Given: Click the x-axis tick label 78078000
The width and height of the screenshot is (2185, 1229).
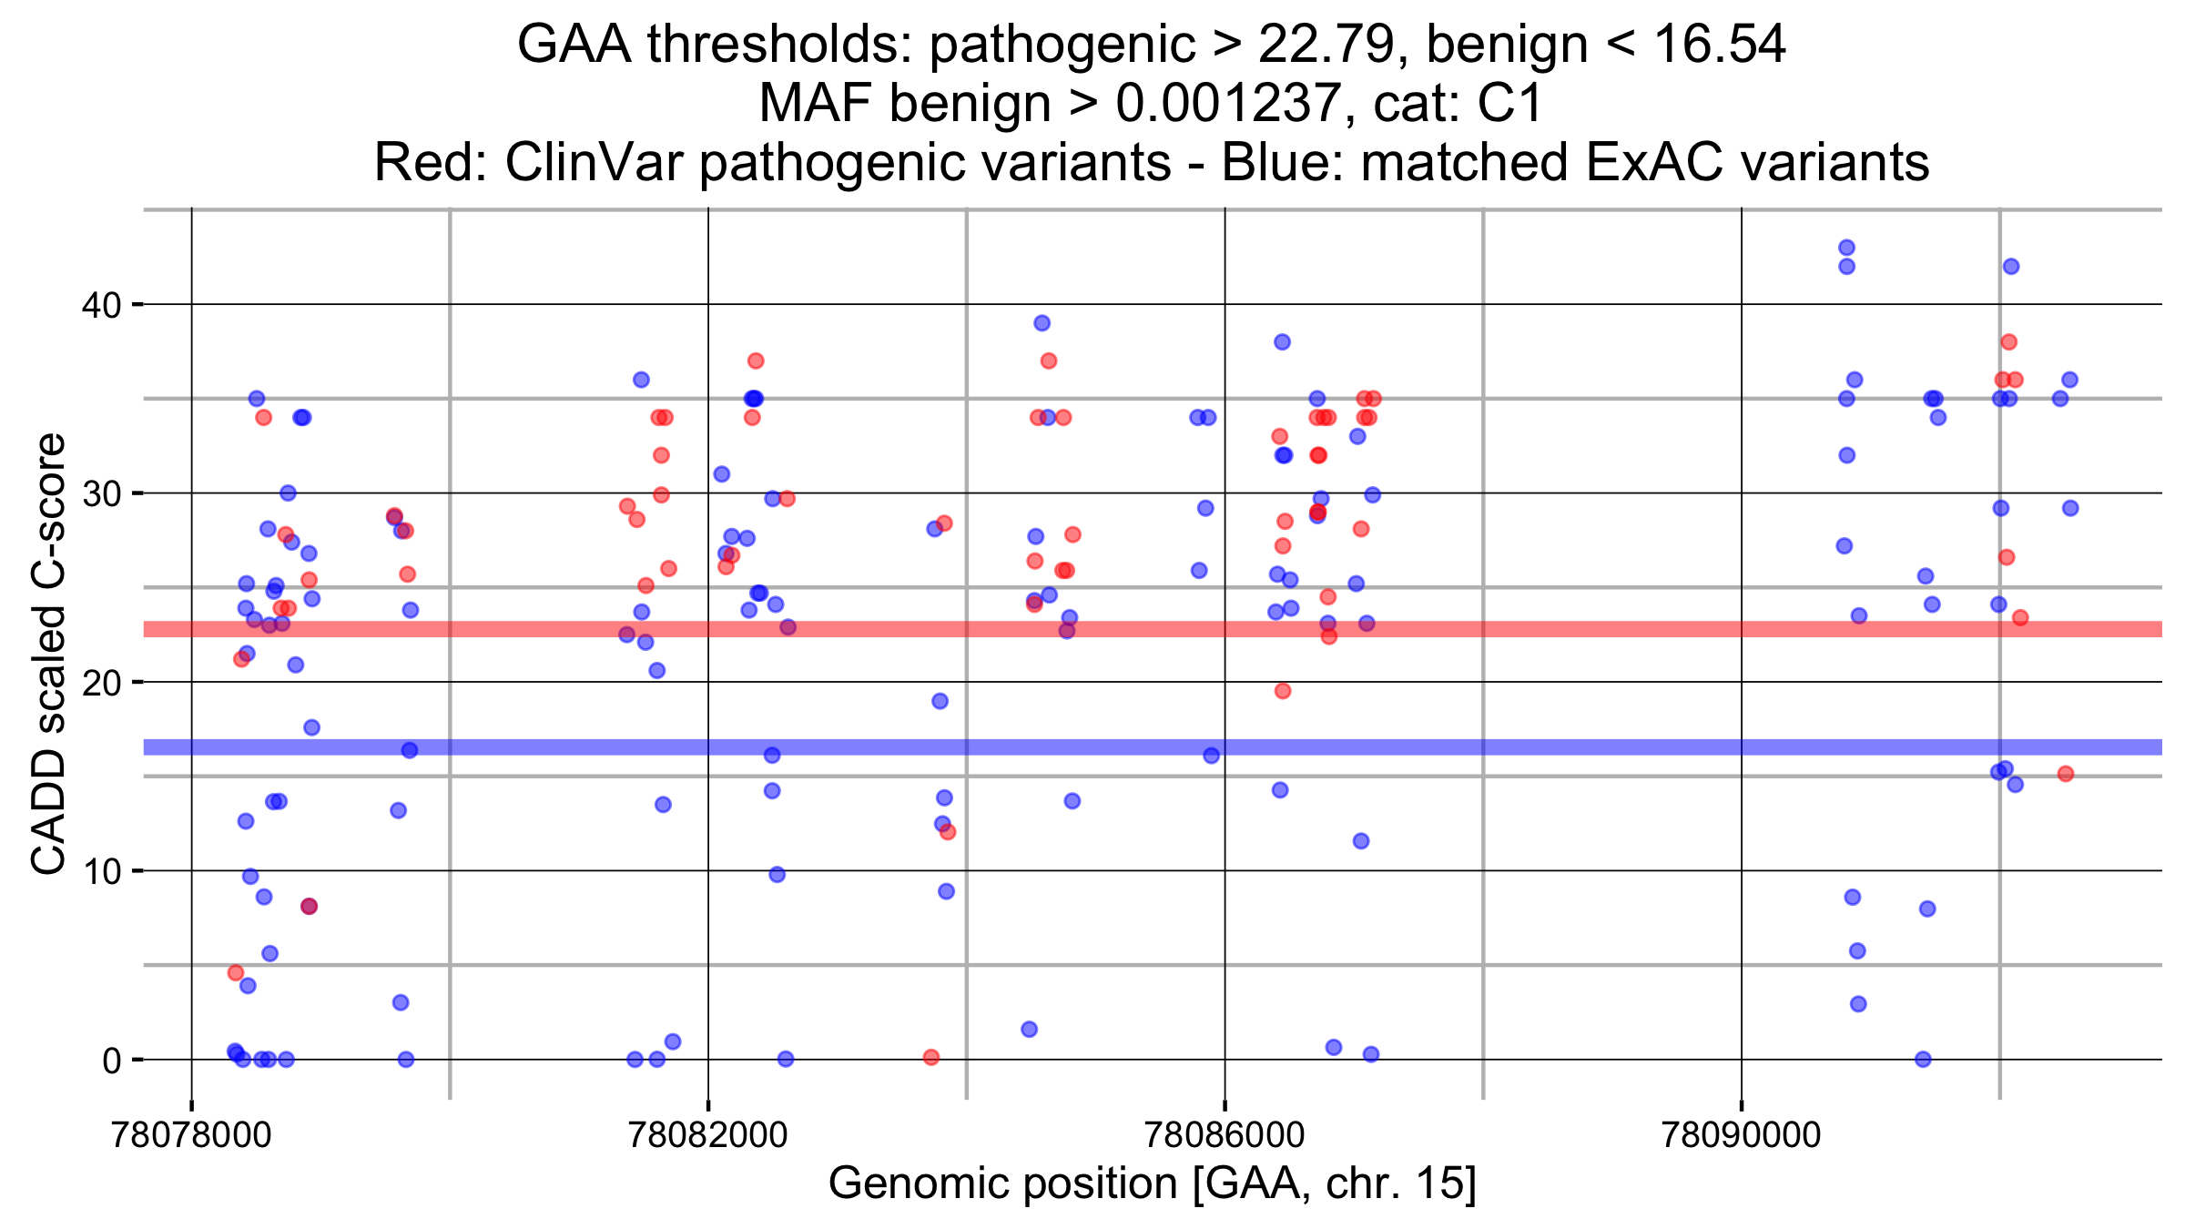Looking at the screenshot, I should point(190,1135).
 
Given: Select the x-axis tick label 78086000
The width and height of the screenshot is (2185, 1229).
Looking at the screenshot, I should point(1225,1135).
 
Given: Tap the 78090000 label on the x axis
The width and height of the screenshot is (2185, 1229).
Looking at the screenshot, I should point(1741,1135).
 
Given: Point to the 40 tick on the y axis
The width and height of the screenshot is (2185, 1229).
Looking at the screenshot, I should point(101,305).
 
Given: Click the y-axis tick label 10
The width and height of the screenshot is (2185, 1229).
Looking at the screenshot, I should point(101,871).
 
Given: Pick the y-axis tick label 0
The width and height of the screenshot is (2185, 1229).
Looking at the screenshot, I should point(111,1061).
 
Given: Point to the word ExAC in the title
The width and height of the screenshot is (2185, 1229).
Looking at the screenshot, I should point(1649,163).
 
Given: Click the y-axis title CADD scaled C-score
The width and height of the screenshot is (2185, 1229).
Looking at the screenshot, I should point(49,654).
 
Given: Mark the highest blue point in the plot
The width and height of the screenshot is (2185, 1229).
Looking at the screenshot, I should point(1846,248).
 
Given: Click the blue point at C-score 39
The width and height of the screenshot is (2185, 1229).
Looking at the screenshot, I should point(1042,323).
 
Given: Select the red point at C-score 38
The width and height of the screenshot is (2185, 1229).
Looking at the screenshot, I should point(2009,342).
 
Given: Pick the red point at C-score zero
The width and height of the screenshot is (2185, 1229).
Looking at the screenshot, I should point(931,1057).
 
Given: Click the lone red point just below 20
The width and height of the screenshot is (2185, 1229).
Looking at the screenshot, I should point(1283,691).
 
